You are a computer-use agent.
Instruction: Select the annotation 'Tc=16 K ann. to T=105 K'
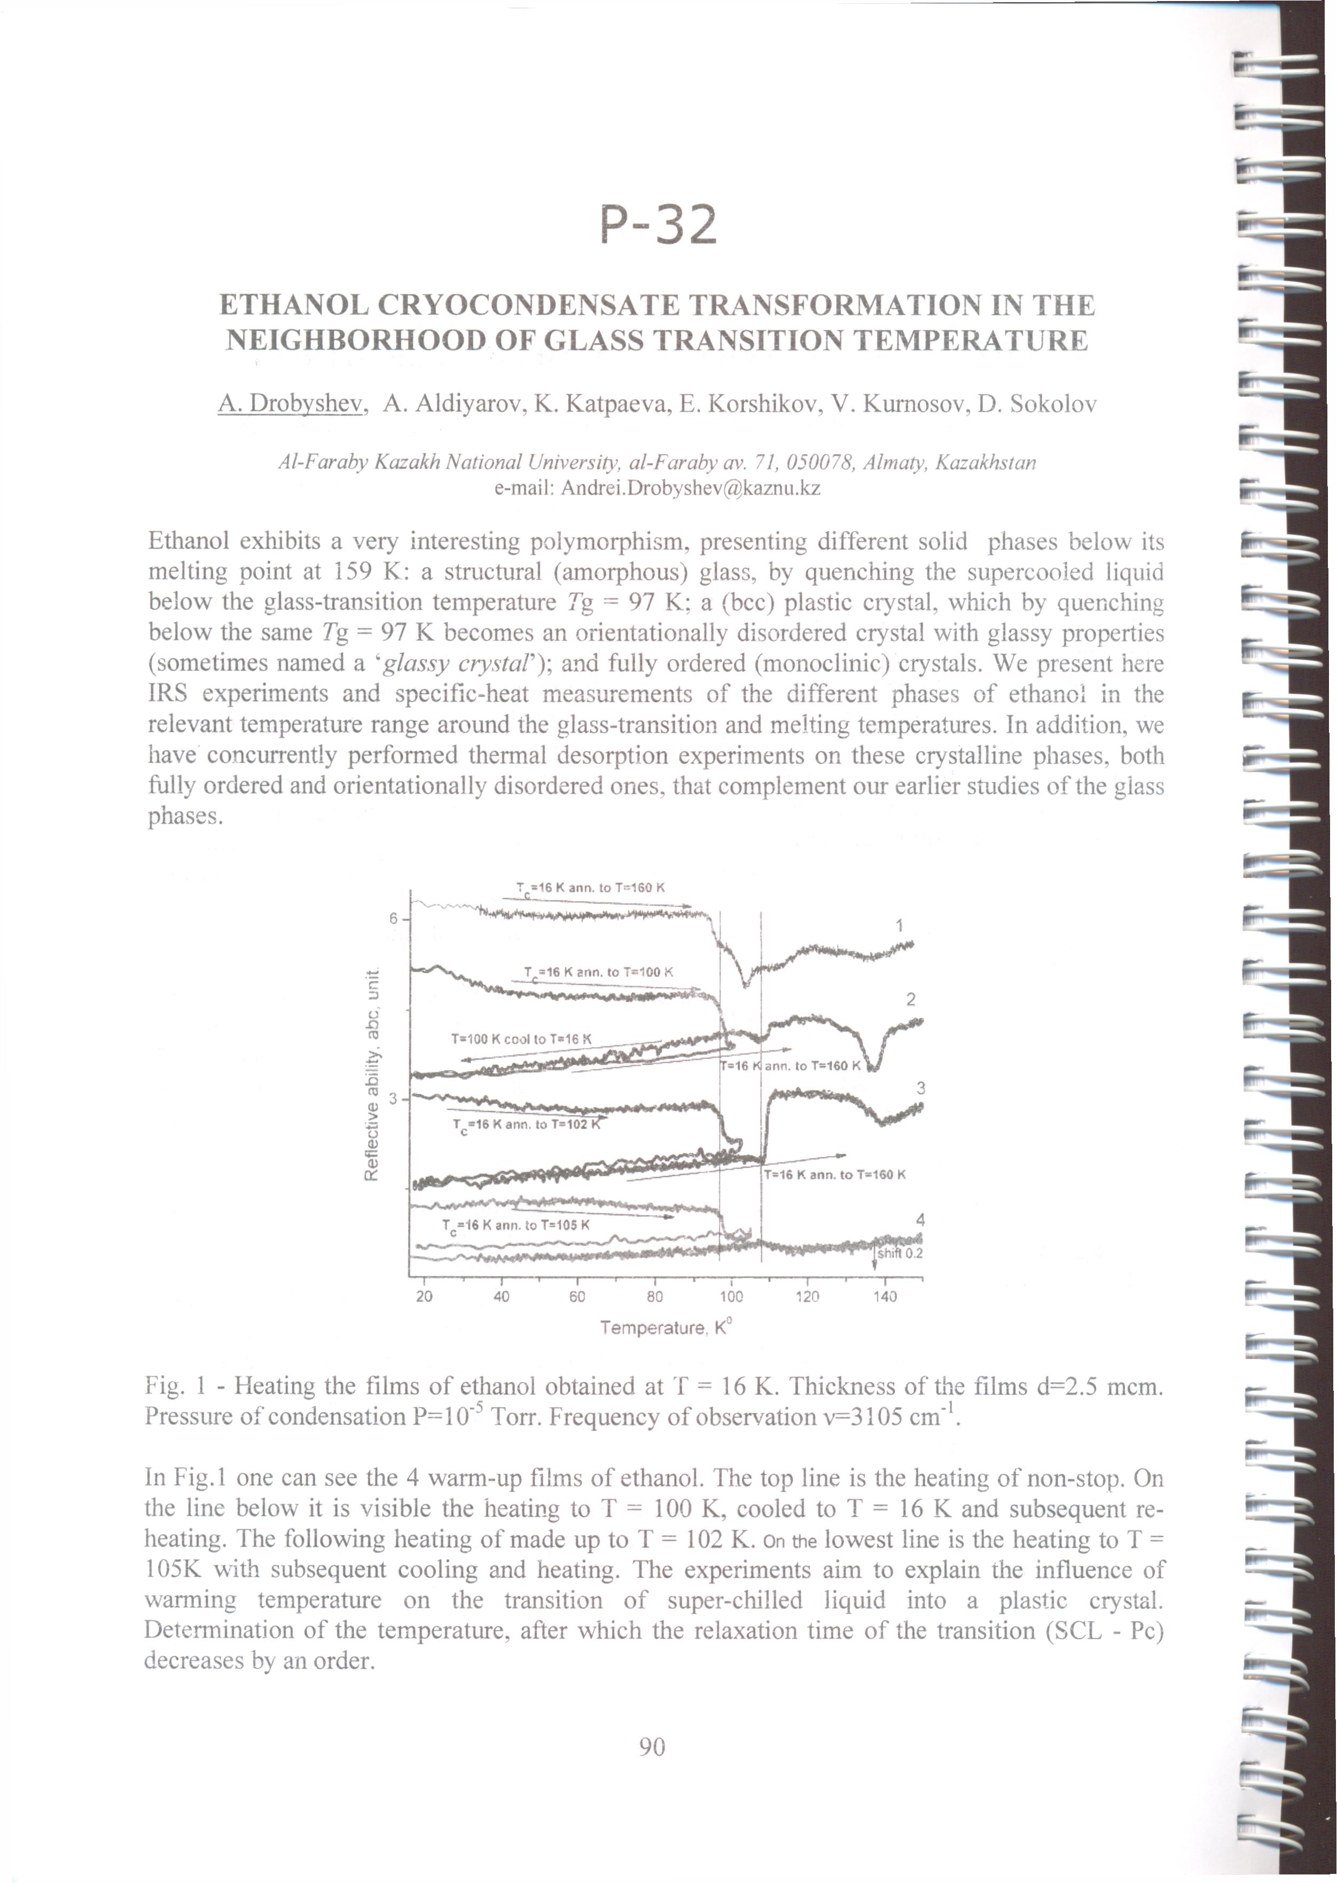click(516, 1225)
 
